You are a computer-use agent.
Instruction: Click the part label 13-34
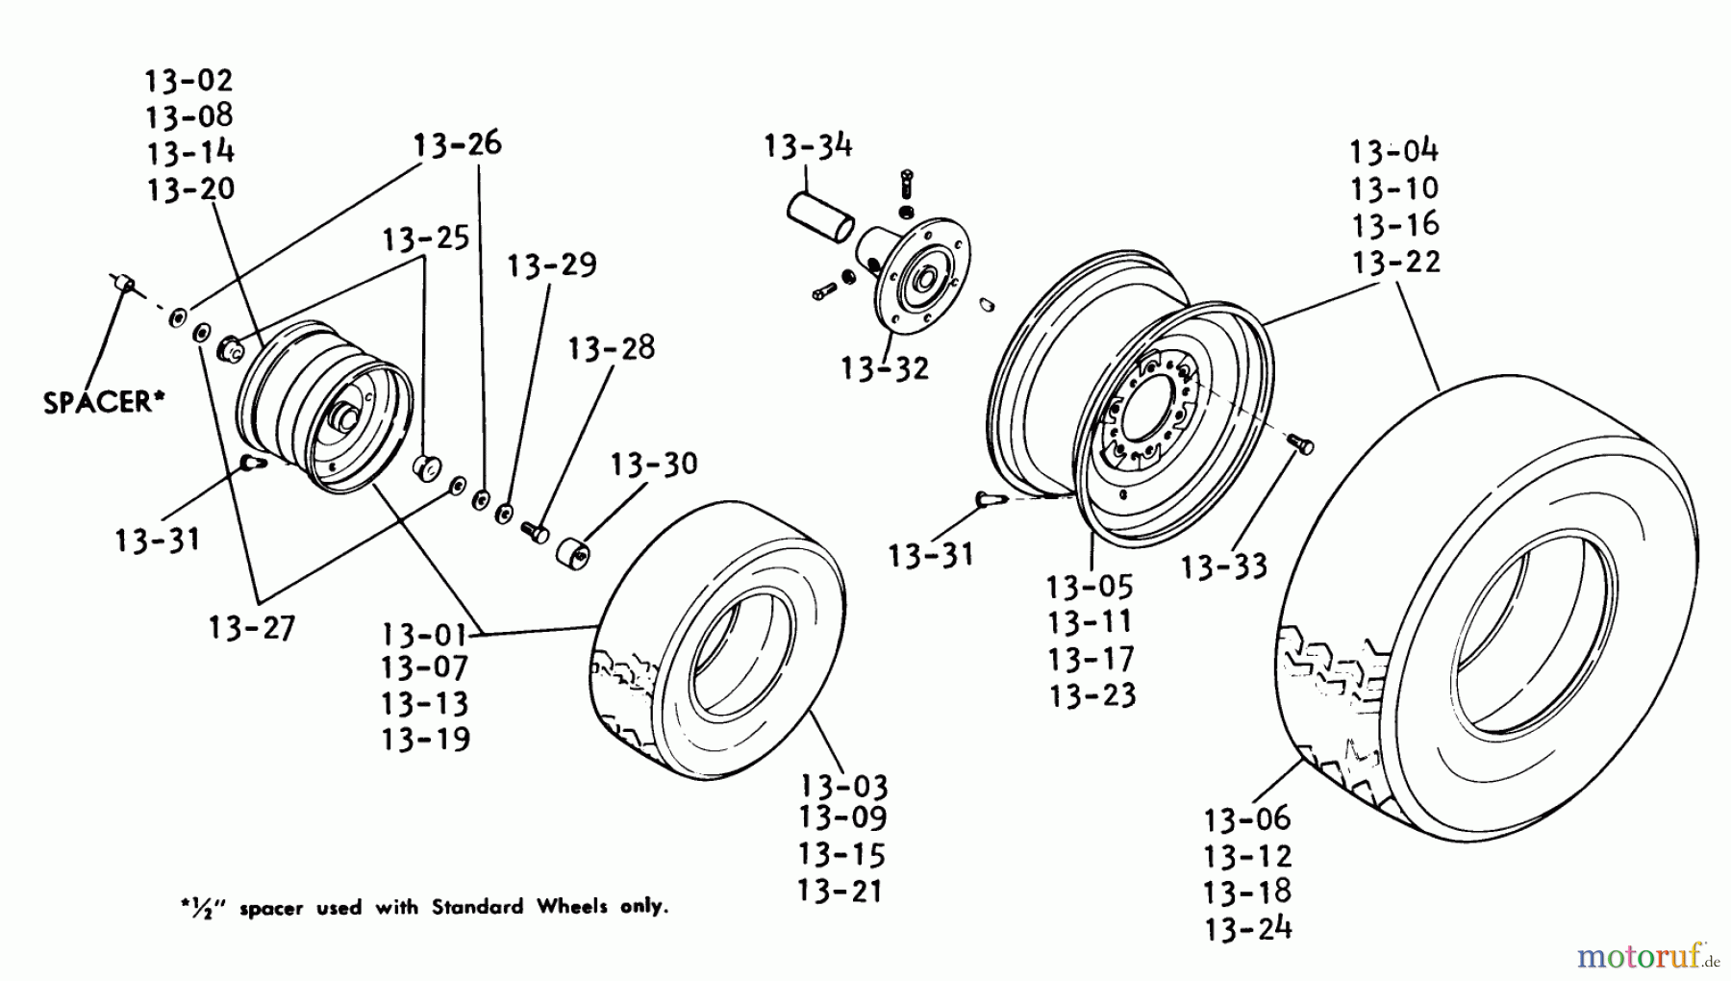pos(808,146)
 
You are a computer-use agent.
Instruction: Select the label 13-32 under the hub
pos(884,368)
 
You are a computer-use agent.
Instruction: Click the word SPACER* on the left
pos(98,402)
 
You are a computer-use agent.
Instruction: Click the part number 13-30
pos(654,465)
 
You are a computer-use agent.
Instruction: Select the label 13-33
pos(1223,567)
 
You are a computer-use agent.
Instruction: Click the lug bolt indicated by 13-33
pos(1301,444)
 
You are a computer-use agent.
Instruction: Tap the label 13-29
pos(552,265)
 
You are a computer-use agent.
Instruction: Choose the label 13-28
pos(611,347)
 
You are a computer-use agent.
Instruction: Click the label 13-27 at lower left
pos(252,628)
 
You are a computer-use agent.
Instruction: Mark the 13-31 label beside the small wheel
pos(158,540)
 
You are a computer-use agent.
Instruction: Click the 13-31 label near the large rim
pos(930,555)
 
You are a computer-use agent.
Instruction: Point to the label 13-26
pos(458,144)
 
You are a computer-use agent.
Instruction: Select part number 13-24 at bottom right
pos(1247,928)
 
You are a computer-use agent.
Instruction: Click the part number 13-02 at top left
pos(189,80)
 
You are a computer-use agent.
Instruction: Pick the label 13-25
pos(426,239)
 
